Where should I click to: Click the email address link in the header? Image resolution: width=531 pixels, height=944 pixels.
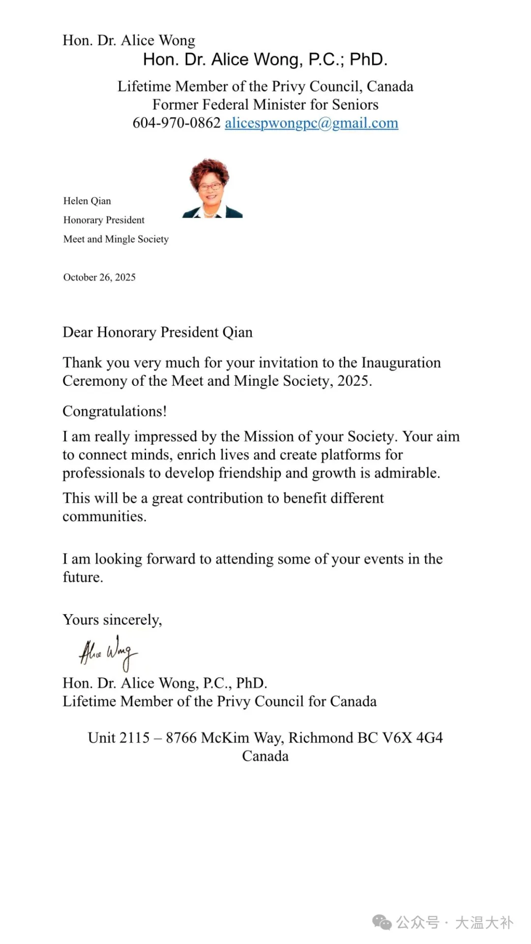click(311, 123)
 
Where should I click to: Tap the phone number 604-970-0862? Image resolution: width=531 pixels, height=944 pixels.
click(177, 123)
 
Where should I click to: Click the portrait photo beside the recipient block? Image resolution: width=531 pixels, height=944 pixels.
click(212, 189)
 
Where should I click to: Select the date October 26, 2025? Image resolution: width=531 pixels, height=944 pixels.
click(99, 278)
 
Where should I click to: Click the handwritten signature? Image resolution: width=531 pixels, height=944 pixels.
click(108, 653)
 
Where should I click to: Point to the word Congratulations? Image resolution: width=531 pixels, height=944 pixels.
click(115, 411)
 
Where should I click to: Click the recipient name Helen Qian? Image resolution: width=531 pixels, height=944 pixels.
click(87, 201)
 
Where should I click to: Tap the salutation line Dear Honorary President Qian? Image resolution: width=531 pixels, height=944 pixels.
click(157, 333)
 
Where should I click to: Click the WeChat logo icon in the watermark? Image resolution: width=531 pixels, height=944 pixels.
click(382, 922)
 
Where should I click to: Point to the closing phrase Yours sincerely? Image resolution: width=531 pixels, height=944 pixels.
click(112, 620)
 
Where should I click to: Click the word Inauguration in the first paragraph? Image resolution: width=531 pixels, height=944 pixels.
click(401, 363)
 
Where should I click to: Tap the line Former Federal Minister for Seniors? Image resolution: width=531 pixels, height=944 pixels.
click(265, 105)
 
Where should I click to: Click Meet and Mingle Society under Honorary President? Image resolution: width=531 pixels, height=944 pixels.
click(116, 239)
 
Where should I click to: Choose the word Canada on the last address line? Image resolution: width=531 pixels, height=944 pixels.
click(265, 756)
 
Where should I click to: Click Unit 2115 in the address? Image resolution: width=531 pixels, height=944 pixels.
click(118, 738)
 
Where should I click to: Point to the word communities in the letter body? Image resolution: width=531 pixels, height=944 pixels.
click(104, 517)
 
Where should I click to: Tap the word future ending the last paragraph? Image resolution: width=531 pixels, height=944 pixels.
click(82, 577)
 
